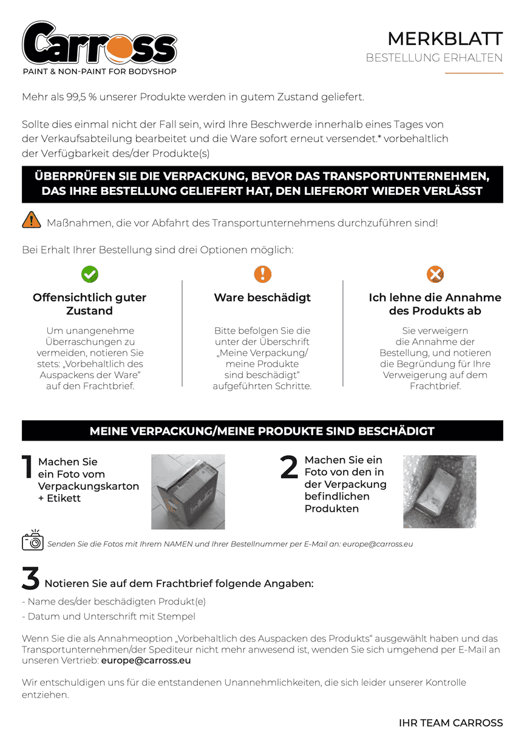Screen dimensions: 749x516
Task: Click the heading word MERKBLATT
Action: pyautogui.click(x=445, y=39)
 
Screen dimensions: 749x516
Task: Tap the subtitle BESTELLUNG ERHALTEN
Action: pyautogui.click(x=434, y=58)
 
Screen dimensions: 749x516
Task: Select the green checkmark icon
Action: pyautogui.click(x=90, y=274)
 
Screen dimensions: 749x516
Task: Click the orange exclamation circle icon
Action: pyautogui.click(x=262, y=274)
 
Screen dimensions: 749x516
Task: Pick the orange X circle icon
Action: pyautogui.click(x=435, y=274)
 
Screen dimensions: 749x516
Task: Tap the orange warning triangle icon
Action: pyautogui.click(x=31, y=221)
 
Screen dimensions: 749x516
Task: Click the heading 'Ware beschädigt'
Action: pyautogui.click(x=262, y=297)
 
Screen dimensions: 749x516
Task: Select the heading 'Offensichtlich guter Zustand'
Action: pyautogui.click(x=89, y=304)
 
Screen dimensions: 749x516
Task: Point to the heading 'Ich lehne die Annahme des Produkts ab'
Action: pyautogui.click(x=435, y=304)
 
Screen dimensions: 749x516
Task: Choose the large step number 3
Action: pyautogui.click(x=30, y=579)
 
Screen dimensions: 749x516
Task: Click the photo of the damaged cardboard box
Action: pyautogui.click(x=188, y=492)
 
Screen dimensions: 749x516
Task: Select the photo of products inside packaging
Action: pyautogui.click(x=440, y=491)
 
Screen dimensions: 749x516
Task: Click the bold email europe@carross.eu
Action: pyautogui.click(x=146, y=660)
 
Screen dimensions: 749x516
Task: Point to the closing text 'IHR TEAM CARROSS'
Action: pyautogui.click(x=450, y=723)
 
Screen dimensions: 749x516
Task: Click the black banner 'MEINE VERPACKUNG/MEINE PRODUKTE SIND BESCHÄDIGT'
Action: pyautogui.click(x=262, y=431)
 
